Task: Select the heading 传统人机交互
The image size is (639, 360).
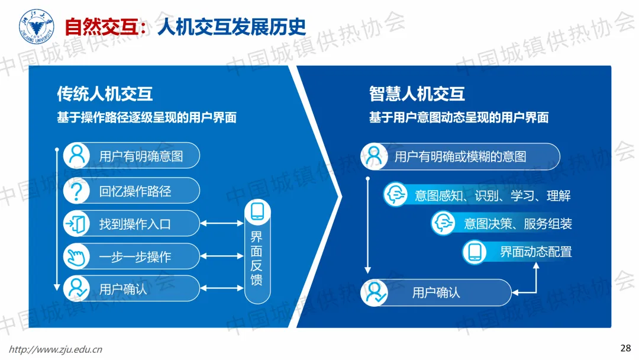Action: pos(105,94)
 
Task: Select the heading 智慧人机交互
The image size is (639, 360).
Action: pos(417,94)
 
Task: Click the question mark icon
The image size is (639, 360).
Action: pos(76,191)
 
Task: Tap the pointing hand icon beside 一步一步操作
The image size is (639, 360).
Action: pos(76,256)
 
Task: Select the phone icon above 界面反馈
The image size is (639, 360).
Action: pos(257,212)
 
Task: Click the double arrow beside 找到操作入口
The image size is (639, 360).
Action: pos(222,224)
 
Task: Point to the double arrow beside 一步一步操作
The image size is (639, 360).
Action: pos(222,256)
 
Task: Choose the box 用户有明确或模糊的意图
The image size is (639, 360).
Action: pos(460,157)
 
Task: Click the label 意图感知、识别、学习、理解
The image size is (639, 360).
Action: pos(492,195)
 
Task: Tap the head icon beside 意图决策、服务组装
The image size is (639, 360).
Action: pos(444,223)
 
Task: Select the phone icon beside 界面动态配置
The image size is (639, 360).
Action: pos(475,251)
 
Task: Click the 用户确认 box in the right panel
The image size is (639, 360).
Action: pos(436,292)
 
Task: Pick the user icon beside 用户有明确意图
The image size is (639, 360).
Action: pos(76,156)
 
